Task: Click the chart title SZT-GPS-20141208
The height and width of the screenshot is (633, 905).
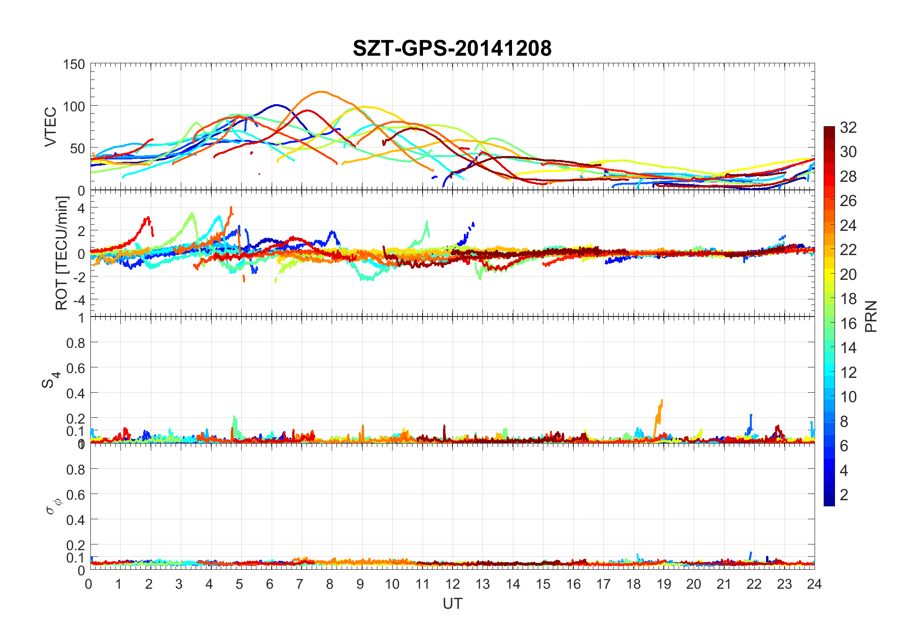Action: click(x=452, y=48)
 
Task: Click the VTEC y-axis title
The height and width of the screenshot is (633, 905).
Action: click(x=50, y=127)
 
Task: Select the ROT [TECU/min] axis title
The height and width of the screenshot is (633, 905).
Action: click(x=62, y=253)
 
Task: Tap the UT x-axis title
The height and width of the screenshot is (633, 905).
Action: click(x=452, y=603)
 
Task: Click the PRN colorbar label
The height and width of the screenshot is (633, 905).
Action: click(x=871, y=316)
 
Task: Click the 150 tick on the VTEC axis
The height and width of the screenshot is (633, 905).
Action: click(x=74, y=65)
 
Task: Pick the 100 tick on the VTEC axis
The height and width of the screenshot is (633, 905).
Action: click(x=74, y=107)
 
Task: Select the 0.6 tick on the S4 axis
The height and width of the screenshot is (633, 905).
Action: click(x=75, y=368)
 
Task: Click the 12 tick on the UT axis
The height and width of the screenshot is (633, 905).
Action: click(x=452, y=584)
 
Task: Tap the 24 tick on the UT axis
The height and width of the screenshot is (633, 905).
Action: click(x=814, y=584)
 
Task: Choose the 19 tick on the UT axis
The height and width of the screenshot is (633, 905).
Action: click(x=663, y=584)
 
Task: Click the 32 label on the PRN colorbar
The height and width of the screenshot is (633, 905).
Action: click(x=848, y=128)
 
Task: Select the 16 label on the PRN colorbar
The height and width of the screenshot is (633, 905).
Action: click(x=848, y=324)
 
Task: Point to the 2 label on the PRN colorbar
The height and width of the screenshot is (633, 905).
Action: click(x=844, y=495)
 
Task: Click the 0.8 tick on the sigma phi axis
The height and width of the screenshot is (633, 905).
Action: click(x=75, y=469)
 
